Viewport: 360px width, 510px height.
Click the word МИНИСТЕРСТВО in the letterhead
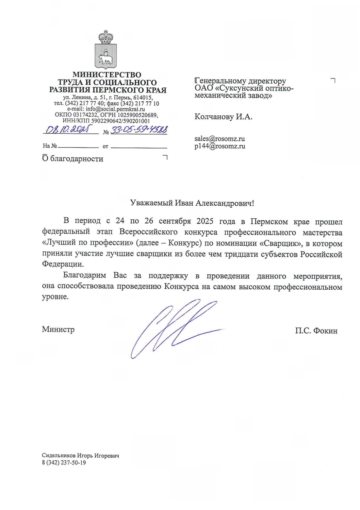click(107, 74)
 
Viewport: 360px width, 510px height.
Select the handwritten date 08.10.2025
click(68, 130)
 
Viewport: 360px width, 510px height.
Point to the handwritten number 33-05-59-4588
click(139, 130)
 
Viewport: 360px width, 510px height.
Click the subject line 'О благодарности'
click(73, 159)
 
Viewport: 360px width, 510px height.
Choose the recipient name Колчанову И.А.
click(223, 117)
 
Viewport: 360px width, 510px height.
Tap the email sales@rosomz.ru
click(219, 139)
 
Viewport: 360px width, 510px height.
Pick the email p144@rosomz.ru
click(219, 146)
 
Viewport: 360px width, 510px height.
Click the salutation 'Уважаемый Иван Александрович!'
click(192, 203)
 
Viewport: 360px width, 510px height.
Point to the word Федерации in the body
click(63, 264)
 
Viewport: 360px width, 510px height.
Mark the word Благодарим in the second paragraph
click(84, 275)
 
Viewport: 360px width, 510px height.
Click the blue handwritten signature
click(174, 328)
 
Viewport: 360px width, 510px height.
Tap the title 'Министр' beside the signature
click(58, 329)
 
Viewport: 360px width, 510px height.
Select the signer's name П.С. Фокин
click(316, 331)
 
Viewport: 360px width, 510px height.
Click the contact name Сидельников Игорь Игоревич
click(80, 456)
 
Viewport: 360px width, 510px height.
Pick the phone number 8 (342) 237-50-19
click(64, 463)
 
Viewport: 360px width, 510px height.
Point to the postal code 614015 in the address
click(143, 98)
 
